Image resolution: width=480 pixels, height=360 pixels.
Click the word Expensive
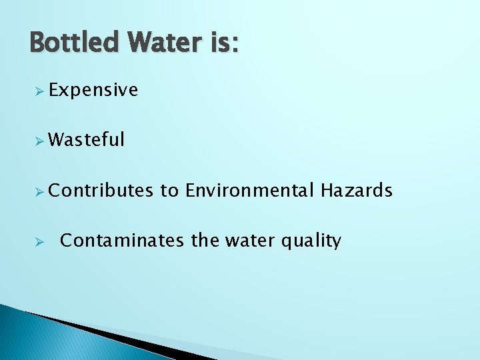(x=93, y=90)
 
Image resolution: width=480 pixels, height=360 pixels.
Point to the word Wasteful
(x=87, y=139)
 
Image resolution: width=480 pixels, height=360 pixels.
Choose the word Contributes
(x=101, y=191)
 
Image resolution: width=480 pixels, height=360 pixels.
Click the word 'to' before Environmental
(x=169, y=191)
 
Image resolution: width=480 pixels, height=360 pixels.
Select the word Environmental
(x=249, y=191)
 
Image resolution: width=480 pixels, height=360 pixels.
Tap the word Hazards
(x=357, y=191)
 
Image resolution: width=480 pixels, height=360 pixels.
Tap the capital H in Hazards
(x=327, y=191)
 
